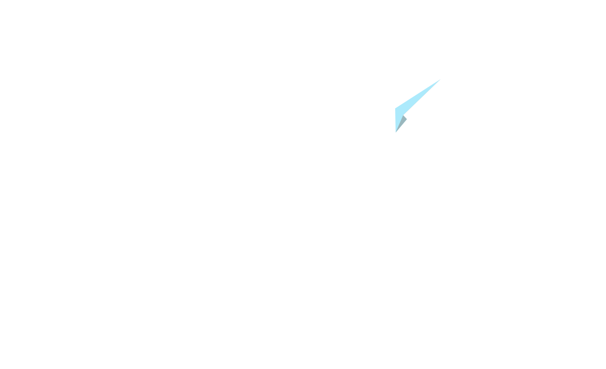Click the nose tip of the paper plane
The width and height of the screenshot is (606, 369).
click(439, 80)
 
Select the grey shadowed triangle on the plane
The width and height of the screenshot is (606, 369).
click(401, 122)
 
